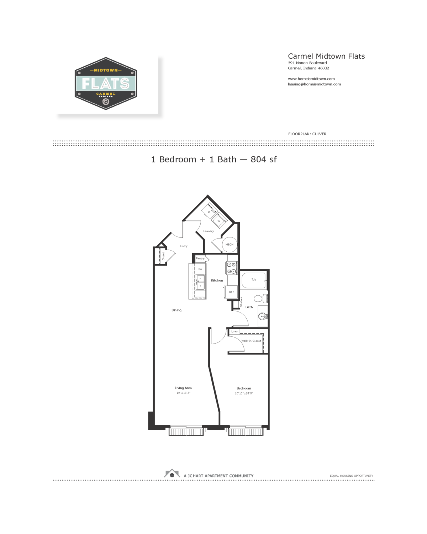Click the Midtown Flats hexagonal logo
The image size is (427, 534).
[106, 84]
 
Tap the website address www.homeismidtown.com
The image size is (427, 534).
[311, 79]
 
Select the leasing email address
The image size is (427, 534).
[314, 84]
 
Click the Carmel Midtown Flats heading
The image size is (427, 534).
[326, 56]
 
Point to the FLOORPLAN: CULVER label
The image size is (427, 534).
[307, 134]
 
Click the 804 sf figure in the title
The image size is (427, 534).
[264, 159]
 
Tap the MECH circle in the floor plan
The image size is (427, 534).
[230, 245]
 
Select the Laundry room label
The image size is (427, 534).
[209, 231]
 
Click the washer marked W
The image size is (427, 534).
[219, 221]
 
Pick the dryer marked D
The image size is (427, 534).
[209, 212]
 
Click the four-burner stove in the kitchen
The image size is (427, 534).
[232, 268]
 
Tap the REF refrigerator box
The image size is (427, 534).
[232, 292]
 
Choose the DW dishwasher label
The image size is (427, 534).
[200, 269]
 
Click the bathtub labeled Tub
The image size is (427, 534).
[254, 280]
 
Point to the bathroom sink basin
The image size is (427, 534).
[263, 316]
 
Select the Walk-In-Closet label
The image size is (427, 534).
[251, 341]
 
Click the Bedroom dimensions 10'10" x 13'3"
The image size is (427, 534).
[244, 393]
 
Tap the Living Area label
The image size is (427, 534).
[183, 388]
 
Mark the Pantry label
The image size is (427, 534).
[200, 258]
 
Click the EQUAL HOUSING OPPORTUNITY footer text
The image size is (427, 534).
[351, 476]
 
